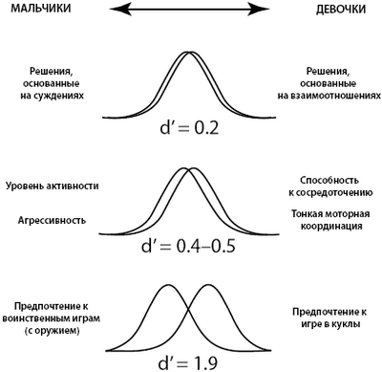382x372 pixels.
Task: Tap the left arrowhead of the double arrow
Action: pos(119,10)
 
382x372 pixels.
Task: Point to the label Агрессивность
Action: pos(53,220)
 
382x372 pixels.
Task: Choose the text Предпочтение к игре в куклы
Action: pos(330,316)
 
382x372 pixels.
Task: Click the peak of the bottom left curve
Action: pos(165,286)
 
